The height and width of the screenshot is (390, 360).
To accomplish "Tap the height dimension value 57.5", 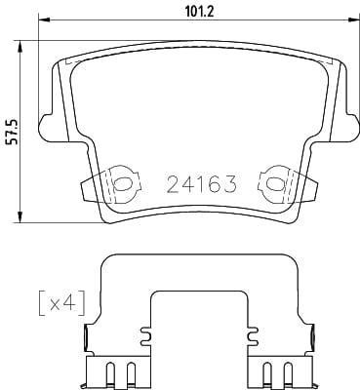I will [x=12, y=130].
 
